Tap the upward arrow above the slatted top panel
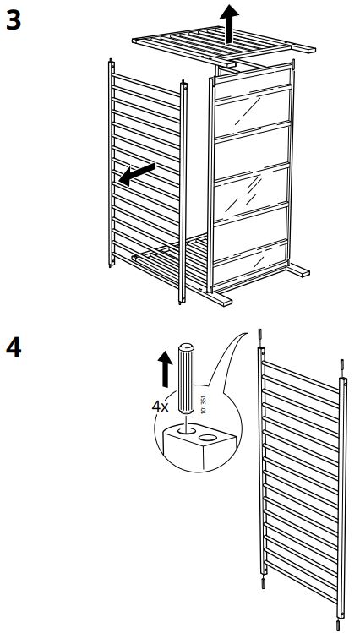pos(229,21)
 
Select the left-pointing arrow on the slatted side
pos(137,173)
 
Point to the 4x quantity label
pos(161,406)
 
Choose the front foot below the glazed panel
pos(217,298)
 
